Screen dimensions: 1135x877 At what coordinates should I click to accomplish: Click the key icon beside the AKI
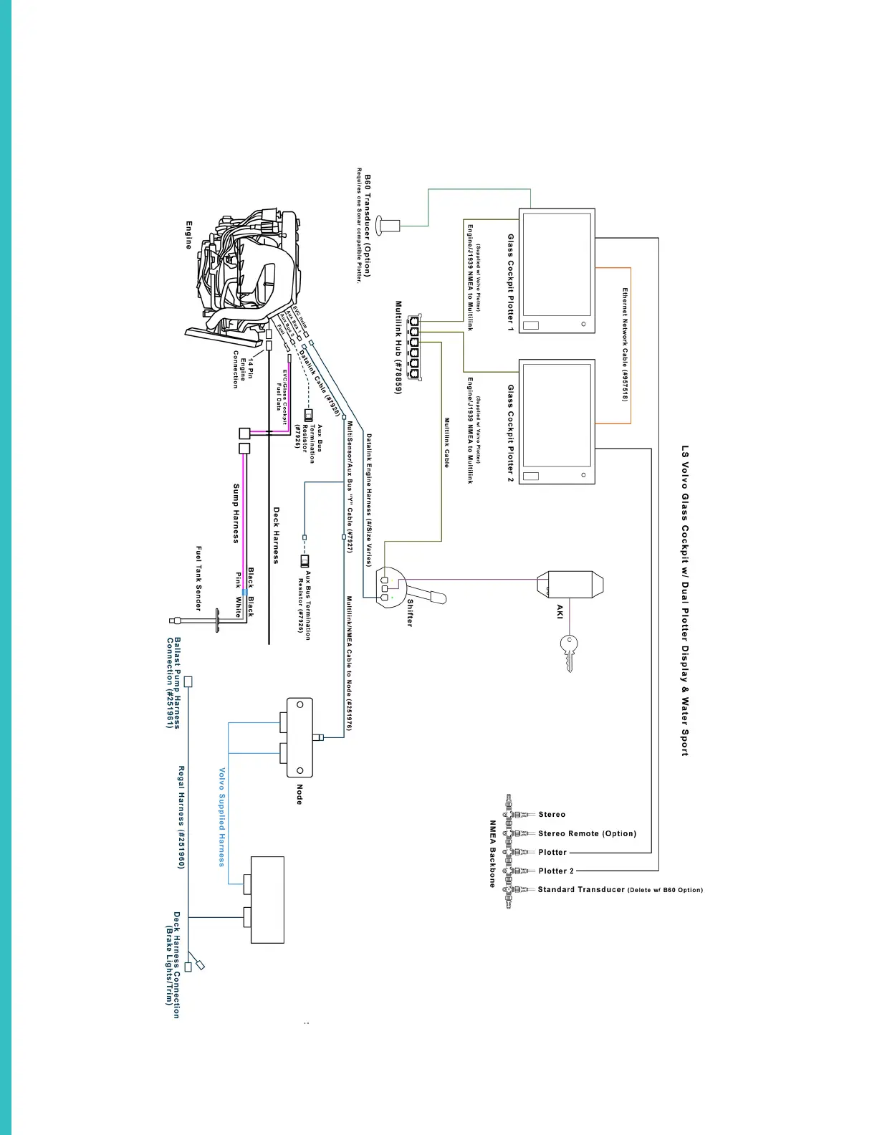click(x=568, y=652)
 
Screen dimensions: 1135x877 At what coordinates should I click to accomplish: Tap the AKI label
click(x=560, y=611)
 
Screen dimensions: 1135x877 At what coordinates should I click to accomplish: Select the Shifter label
click(x=410, y=613)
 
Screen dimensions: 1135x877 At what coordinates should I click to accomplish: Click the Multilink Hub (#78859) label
click(x=398, y=347)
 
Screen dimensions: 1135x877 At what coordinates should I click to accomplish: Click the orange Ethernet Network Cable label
click(x=625, y=345)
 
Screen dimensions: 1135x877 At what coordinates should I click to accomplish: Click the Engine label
click(x=189, y=235)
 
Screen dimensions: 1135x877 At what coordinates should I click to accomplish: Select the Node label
click(x=299, y=793)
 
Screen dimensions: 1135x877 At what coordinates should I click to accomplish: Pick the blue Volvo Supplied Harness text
click(x=221, y=817)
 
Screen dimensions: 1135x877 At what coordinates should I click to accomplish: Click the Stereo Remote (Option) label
click(x=587, y=833)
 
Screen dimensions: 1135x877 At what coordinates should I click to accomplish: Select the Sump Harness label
click(x=236, y=513)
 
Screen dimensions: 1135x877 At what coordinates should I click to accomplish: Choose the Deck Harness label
click(x=277, y=535)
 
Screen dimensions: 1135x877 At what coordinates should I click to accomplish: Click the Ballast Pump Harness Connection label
click(x=173, y=683)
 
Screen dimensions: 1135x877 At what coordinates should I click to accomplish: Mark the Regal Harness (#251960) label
click(x=181, y=818)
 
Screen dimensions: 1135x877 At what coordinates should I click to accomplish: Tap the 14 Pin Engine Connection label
click(x=242, y=369)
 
